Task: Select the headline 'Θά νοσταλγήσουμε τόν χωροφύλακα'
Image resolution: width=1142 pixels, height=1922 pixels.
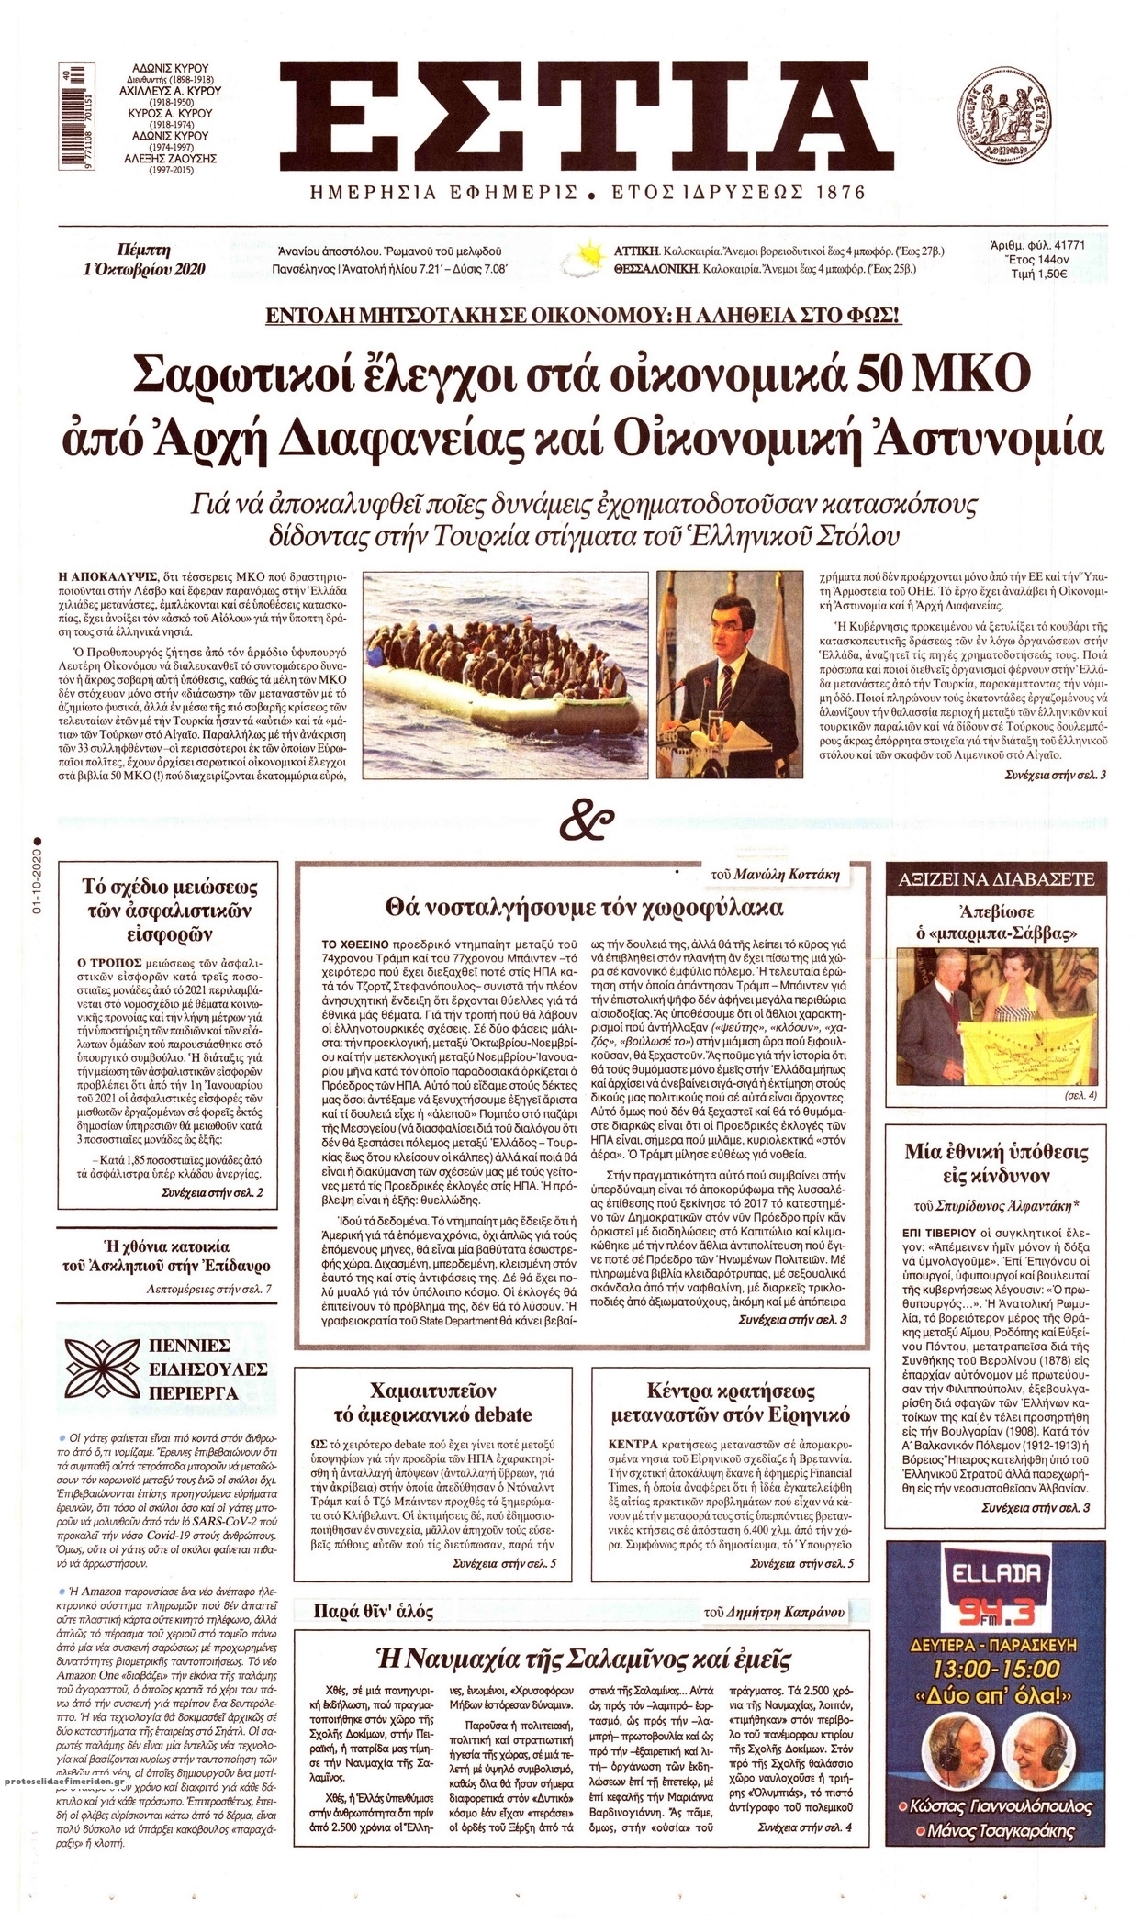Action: (585, 908)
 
